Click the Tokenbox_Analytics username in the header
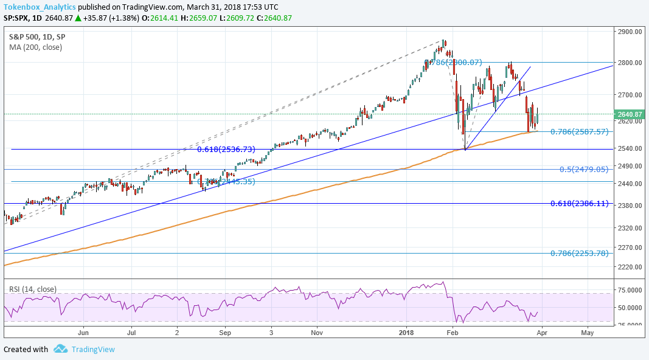click(x=40, y=7)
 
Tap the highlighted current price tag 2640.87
click(x=629, y=114)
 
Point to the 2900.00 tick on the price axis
click(x=629, y=32)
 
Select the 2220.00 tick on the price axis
click(x=629, y=267)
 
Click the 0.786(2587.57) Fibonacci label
click(x=579, y=131)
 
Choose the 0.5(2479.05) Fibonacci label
click(x=584, y=169)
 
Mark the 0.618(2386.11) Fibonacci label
click(x=579, y=204)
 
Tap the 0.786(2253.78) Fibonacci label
click(x=579, y=253)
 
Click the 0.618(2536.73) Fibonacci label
click(x=226, y=149)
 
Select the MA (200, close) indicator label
click(x=35, y=47)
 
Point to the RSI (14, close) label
click(x=33, y=289)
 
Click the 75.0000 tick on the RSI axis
click(x=630, y=291)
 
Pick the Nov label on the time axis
click(x=316, y=333)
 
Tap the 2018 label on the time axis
click(x=406, y=333)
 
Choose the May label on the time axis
click(x=587, y=333)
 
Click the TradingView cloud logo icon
click(x=60, y=349)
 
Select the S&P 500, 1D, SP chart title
click(x=37, y=36)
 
